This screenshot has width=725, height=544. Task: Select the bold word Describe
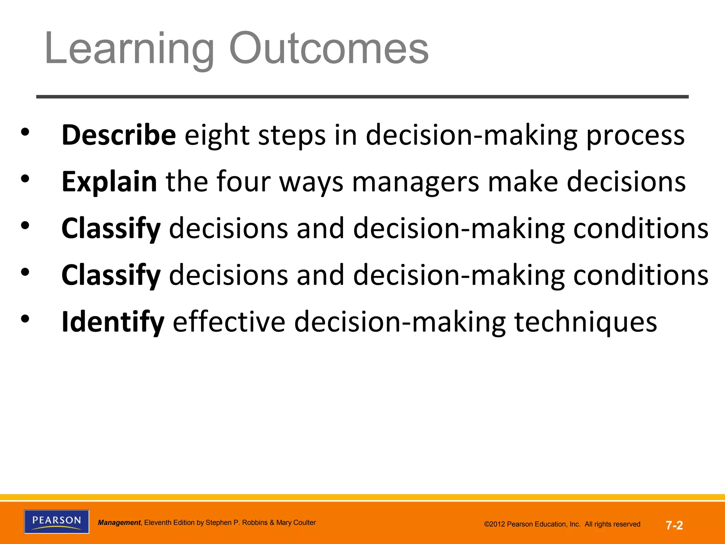[x=119, y=135]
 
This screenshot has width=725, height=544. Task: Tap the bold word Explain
[x=109, y=182]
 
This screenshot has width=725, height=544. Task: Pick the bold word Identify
[x=113, y=322]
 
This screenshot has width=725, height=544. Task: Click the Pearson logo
[x=57, y=521]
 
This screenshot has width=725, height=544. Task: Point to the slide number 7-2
[x=674, y=525]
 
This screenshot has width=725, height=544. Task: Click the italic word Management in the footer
[x=119, y=523]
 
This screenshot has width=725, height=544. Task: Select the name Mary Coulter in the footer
[x=296, y=523]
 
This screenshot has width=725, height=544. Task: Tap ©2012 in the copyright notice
[x=495, y=525]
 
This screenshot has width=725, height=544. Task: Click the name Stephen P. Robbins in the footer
[x=236, y=523]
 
